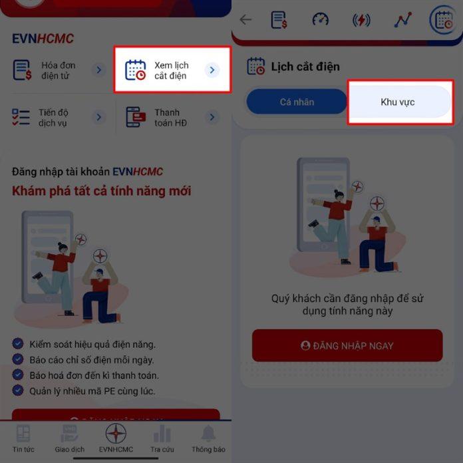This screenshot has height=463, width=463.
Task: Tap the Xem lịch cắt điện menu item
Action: pyautogui.click(x=172, y=70)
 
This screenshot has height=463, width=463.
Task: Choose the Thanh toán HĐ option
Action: pyautogui.click(x=172, y=118)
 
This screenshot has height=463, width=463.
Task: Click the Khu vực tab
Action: pyautogui.click(x=400, y=102)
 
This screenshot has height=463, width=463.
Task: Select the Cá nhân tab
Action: pyautogui.click(x=297, y=102)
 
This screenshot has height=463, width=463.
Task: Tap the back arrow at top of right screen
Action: pyautogui.click(x=245, y=19)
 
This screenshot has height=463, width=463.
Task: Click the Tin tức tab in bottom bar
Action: pyautogui.click(x=23, y=438)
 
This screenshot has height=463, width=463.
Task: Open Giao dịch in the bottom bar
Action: pyautogui.click(x=69, y=438)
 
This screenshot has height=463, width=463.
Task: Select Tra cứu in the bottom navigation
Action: pyautogui.click(x=162, y=438)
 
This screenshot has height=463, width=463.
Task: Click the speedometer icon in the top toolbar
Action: pyautogui.click(x=321, y=19)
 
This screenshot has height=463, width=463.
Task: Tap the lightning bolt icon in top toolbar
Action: pyautogui.click(x=361, y=20)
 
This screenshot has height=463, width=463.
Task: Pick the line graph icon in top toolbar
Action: pyautogui.click(x=402, y=20)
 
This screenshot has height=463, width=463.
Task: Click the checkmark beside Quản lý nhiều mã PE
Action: pyautogui.click(x=18, y=391)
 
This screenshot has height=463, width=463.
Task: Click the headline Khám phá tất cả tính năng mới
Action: pyautogui.click(x=101, y=192)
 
